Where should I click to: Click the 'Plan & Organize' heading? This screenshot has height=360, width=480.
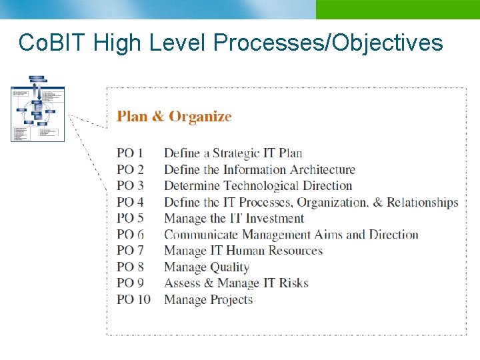coord(174,117)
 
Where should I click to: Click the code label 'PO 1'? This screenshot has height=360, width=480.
coord(130,153)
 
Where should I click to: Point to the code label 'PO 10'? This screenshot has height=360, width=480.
coord(133,299)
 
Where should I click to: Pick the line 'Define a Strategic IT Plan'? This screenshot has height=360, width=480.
coord(233,153)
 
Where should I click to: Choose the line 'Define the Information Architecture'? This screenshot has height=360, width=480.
coord(259,169)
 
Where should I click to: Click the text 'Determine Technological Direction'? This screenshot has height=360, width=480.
coord(257,186)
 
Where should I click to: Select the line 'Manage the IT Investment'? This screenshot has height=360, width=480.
coord(233,218)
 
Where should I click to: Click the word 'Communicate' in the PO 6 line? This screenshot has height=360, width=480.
coord(201,235)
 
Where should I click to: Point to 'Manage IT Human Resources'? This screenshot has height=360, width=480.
coord(243,251)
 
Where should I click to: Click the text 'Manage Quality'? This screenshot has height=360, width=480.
coord(206,267)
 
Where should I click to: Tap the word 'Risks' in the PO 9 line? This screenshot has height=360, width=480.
coord(293,283)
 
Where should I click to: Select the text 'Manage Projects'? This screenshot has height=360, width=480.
coord(208,299)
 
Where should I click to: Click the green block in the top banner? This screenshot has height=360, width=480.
coord(397,9)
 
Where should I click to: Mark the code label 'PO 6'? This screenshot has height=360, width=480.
coord(130,235)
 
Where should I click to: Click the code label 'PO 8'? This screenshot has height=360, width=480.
coord(130,267)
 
